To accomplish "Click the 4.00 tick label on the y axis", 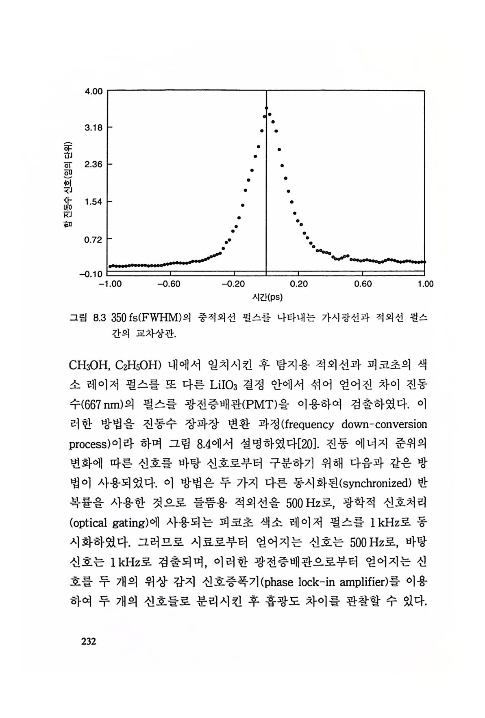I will point(93,91).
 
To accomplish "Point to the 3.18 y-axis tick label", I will point(93,128).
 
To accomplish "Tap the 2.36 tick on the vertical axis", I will point(93,165).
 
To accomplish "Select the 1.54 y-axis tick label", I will point(93,201).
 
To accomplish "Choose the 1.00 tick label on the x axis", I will point(426,284).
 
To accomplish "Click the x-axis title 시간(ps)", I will point(267,297).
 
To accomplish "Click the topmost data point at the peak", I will point(267,108).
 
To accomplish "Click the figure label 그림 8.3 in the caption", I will point(87,318).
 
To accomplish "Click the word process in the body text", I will point(88,444).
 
